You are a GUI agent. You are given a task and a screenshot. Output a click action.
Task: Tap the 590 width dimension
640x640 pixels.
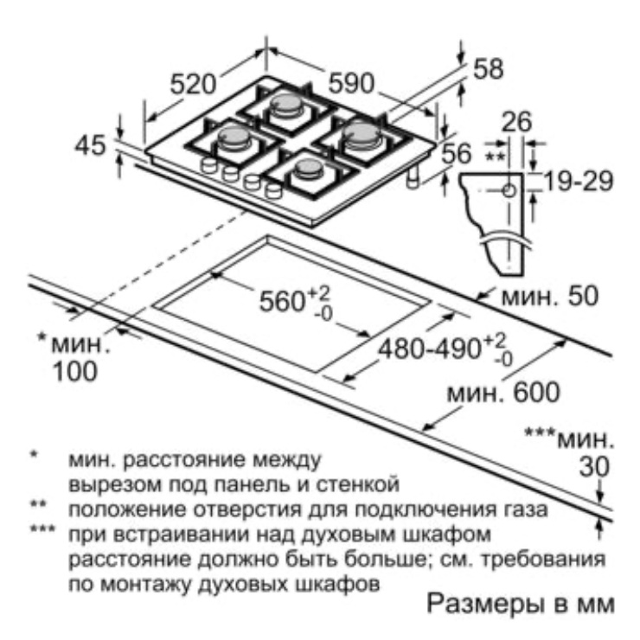click(x=350, y=84)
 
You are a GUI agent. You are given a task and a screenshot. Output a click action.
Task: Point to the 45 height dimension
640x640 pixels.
click(x=93, y=146)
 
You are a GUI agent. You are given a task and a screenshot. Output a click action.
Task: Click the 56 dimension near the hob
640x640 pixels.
click(x=456, y=154)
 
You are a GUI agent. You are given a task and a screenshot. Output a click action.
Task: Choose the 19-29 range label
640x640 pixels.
click(x=579, y=181)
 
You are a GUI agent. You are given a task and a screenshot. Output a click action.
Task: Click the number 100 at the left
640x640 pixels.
click(x=74, y=372)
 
